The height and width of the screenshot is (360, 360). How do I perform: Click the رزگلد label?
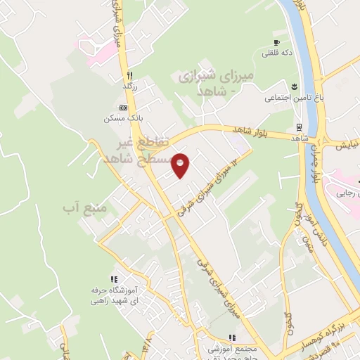128,85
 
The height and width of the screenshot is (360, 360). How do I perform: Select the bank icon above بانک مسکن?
124,108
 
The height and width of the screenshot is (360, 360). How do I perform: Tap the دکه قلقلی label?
275,53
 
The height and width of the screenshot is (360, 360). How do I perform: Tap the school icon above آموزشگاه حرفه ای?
115,280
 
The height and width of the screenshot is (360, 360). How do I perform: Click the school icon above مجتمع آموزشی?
232,338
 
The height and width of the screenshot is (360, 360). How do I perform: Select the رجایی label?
347,191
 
